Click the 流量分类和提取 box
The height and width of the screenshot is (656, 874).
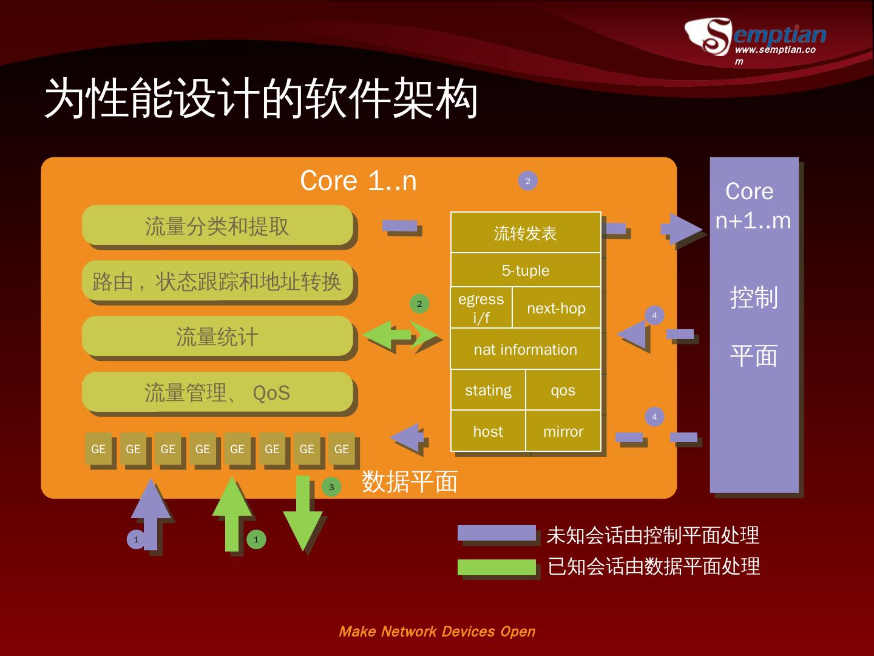click(217, 226)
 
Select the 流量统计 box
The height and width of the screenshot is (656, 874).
click(217, 337)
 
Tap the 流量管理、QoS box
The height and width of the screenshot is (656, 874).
click(217, 392)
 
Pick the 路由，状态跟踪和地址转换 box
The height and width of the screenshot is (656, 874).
click(217, 281)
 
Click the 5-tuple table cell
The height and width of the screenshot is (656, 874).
click(525, 270)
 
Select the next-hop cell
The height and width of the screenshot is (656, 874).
click(556, 308)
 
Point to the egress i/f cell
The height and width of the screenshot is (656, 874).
click(481, 308)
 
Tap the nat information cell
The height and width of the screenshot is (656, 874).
click(525, 349)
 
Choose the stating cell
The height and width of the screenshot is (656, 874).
click(488, 390)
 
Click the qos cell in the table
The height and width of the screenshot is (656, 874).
click(563, 390)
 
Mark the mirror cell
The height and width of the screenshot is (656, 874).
click(563, 431)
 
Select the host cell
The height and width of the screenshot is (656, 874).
click(488, 431)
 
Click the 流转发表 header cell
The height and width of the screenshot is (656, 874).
click(525, 233)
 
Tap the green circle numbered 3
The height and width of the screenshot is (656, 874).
click(331, 487)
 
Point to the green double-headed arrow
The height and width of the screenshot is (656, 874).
click(401, 335)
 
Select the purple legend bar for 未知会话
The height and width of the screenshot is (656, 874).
click(496, 533)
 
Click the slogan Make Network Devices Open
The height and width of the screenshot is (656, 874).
click(437, 631)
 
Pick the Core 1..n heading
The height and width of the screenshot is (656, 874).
click(358, 180)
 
